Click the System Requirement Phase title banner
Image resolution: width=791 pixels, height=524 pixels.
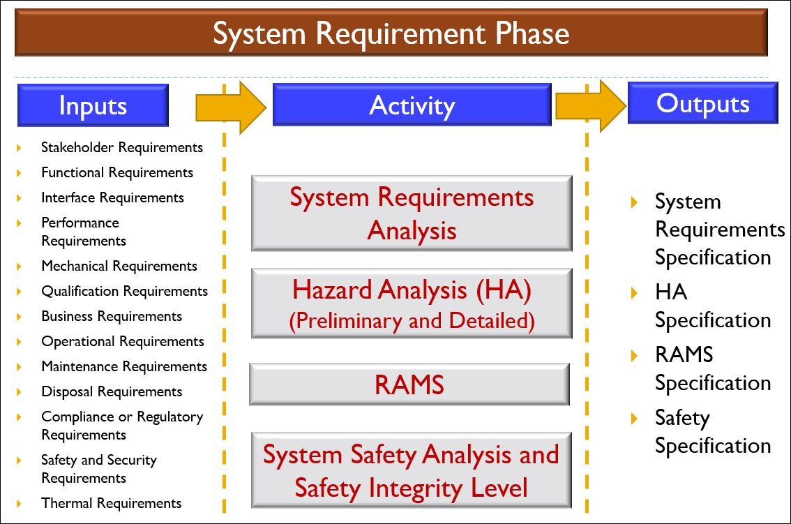pos(391,33)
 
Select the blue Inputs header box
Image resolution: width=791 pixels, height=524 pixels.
pos(93,105)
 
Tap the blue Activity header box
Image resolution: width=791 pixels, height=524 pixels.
pos(412,105)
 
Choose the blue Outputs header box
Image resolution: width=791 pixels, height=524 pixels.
pos(702,103)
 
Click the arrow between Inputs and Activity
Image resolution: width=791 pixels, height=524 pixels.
pos(231,107)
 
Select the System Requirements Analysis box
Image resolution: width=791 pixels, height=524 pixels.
pos(412,214)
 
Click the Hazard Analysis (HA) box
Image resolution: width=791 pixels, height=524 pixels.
pos(412,303)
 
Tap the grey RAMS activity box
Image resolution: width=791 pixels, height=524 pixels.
pos(409,384)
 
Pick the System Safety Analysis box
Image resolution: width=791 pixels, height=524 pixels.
pos(411,470)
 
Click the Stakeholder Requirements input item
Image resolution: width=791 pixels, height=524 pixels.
pos(121,147)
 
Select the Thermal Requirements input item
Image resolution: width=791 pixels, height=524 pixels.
pos(111,503)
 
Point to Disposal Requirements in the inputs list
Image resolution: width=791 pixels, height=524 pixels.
pos(112,391)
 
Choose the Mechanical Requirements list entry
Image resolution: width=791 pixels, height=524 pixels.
pos(119,266)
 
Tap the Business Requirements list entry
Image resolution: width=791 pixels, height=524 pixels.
pos(112,316)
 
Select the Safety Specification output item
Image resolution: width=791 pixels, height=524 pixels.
pos(712,431)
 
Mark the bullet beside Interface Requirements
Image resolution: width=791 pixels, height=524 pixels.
pos(20,198)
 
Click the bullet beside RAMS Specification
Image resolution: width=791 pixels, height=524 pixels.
pos(634,355)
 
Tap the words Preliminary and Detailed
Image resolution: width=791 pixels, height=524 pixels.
pos(412,321)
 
